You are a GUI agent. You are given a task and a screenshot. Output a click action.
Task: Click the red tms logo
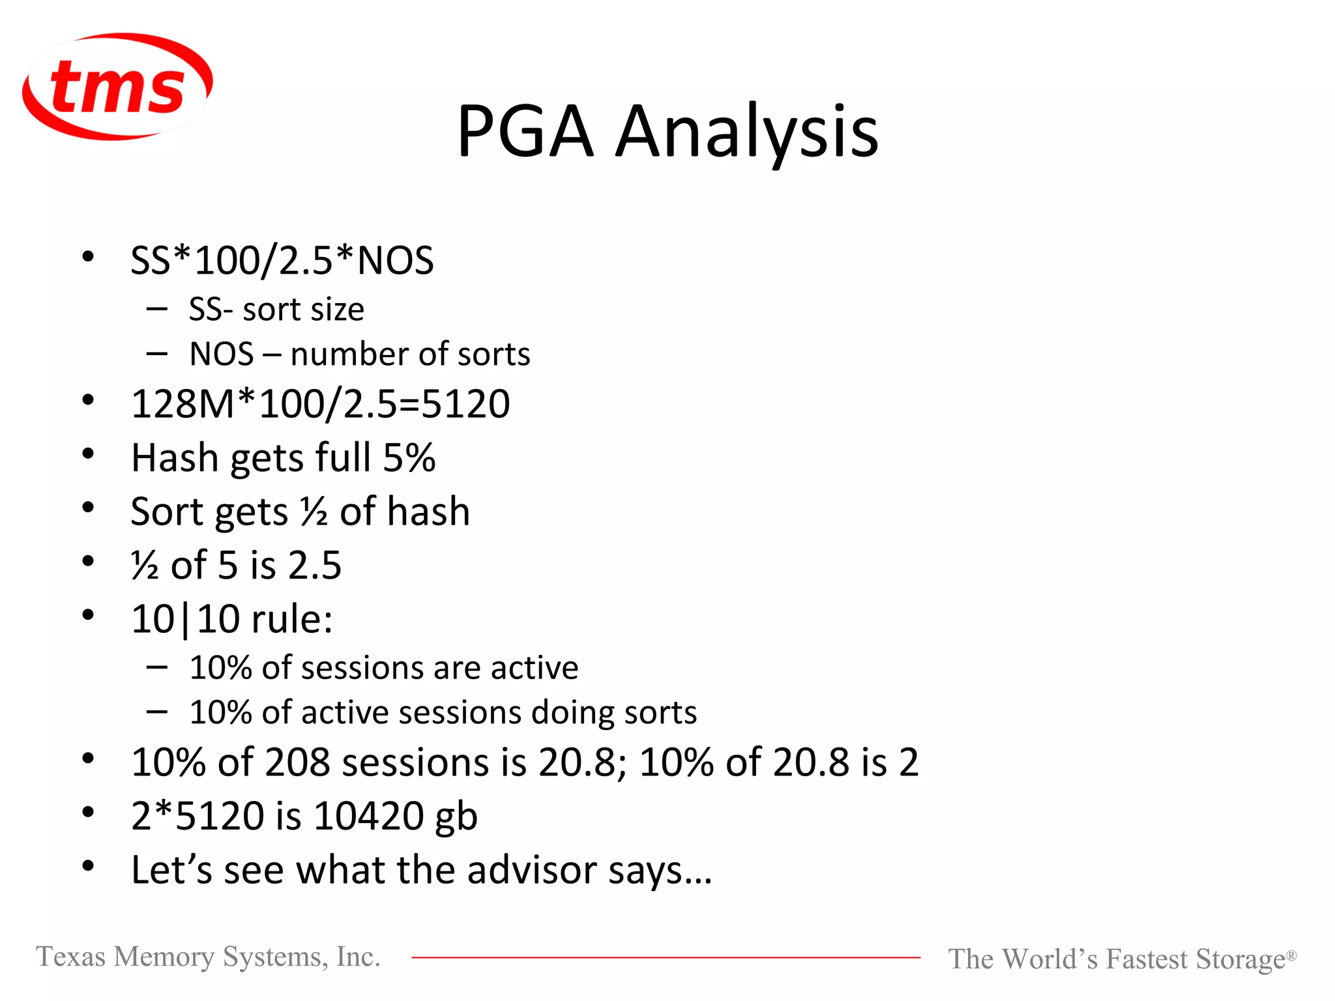[x=117, y=86]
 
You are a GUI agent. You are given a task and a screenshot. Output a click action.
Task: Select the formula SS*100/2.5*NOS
[x=282, y=261]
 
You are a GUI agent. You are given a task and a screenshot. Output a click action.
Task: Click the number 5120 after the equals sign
[x=465, y=404]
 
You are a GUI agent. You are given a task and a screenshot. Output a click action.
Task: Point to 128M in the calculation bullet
[x=183, y=404]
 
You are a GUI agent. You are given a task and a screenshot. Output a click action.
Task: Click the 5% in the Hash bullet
[x=409, y=458]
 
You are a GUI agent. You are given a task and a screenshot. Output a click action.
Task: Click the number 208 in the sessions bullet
[x=297, y=762]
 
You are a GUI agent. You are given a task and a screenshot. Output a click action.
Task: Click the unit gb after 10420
[x=456, y=817]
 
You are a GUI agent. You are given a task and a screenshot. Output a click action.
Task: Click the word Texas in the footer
[x=70, y=957]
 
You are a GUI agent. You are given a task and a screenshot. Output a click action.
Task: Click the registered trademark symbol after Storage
[x=1291, y=955]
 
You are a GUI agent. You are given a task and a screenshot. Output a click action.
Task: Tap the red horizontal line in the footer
[x=665, y=957]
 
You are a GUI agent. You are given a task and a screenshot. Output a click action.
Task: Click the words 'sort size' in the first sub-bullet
[x=303, y=310]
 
